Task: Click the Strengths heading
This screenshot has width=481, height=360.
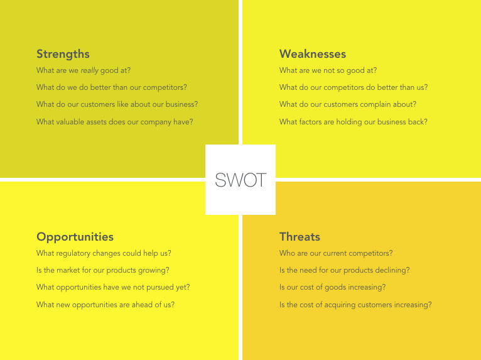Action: click(63, 54)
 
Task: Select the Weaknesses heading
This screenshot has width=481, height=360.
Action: click(313, 54)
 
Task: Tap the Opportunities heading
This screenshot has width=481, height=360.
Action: click(75, 237)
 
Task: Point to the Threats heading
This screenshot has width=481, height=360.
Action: click(300, 237)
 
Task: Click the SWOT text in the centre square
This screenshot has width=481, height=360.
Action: click(240, 180)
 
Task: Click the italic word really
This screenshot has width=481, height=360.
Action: click(90, 71)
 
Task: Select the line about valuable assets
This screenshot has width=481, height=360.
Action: click(115, 122)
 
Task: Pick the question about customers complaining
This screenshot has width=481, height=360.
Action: click(347, 105)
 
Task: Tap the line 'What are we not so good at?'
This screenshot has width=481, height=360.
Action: click(328, 70)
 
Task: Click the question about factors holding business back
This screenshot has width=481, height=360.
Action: click(353, 122)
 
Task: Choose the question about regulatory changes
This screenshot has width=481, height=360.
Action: click(104, 253)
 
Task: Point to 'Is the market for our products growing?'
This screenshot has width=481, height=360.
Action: click(103, 270)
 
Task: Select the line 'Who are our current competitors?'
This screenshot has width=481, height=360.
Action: click(336, 253)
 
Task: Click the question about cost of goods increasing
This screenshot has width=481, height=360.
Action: click(332, 287)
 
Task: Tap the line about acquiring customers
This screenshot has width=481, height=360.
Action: click(355, 305)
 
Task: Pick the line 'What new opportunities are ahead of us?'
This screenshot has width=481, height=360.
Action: click(105, 305)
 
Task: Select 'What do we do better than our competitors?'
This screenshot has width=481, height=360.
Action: click(112, 88)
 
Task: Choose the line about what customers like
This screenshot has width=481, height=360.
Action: click(117, 105)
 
